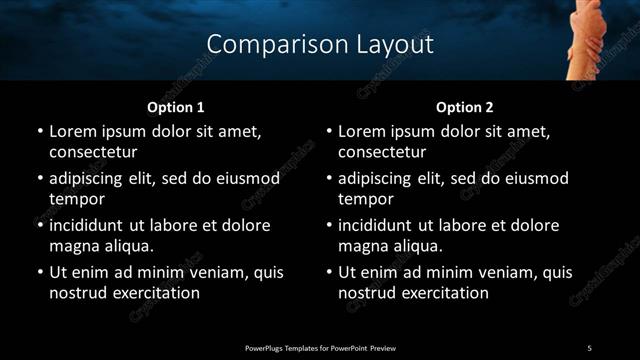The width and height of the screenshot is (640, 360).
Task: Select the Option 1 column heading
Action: point(176,107)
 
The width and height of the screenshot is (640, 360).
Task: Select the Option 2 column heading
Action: point(465,107)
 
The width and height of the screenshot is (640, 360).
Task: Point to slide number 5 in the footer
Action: point(589,348)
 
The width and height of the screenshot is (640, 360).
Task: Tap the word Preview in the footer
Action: point(385,348)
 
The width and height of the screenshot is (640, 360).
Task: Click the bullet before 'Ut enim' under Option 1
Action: point(40,272)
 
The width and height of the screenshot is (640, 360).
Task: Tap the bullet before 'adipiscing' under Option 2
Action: point(329,178)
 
